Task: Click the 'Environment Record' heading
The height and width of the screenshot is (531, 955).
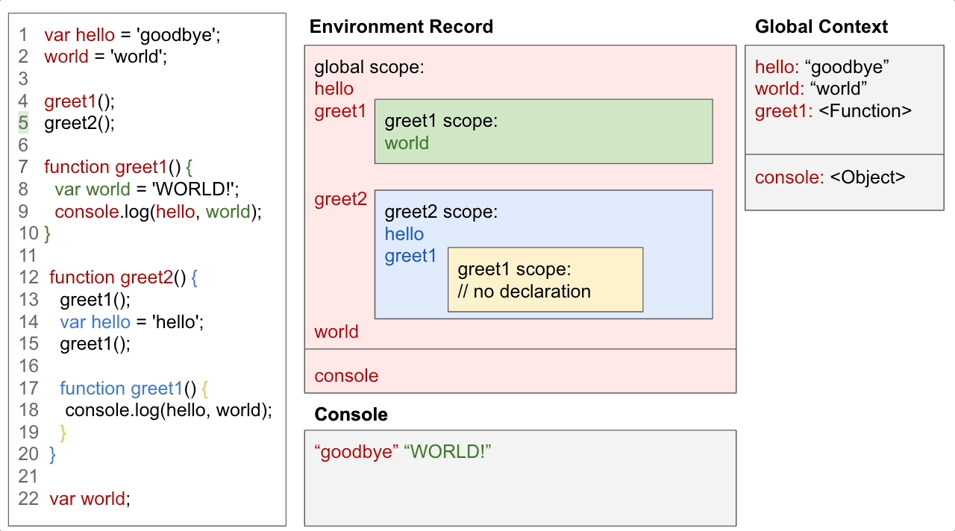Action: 401,27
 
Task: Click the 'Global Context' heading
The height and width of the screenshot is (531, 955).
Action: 821,27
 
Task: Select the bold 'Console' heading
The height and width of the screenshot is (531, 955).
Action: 351,415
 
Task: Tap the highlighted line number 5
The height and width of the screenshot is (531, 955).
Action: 23,123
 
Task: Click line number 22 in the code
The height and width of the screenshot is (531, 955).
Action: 28,499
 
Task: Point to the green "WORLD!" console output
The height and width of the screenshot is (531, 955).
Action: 448,452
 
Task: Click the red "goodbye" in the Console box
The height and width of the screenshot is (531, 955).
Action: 356,452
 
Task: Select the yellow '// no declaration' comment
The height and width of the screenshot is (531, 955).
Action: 524,291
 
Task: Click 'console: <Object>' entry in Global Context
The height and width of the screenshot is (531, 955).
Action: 830,177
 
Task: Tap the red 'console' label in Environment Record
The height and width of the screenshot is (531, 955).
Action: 346,376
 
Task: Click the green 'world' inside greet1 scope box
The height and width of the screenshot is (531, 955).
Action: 407,143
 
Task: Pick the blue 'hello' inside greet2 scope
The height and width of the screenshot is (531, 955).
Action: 404,234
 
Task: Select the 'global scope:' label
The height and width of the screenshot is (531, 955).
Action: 369,67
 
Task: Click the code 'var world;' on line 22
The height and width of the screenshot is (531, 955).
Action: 90,499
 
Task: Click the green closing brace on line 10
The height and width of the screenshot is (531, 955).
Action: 48,234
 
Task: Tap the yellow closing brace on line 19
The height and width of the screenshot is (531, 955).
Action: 63,433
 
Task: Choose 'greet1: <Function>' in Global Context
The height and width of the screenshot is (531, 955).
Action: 833,111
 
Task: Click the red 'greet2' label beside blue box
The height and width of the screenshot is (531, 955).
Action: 340,199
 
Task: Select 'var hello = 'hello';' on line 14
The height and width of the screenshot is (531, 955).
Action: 132,322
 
